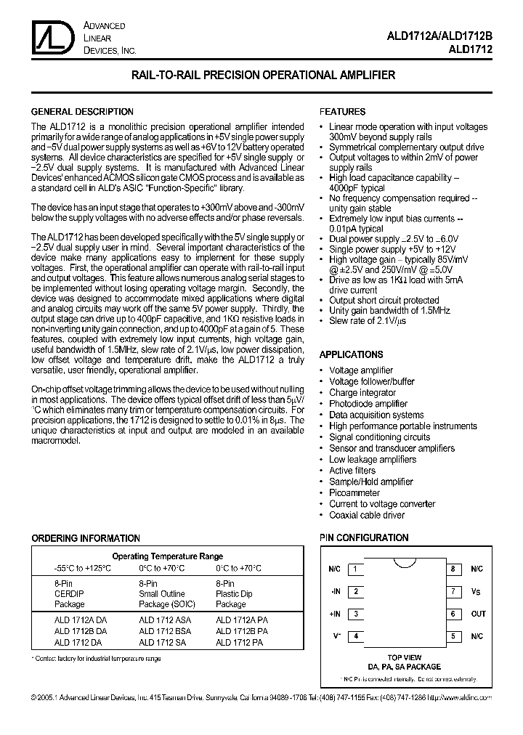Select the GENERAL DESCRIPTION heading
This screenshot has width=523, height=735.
(82, 112)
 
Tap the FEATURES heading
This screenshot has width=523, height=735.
(342, 112)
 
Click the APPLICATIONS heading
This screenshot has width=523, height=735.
(352, 354)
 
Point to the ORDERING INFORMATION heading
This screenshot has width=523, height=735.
(86, 538)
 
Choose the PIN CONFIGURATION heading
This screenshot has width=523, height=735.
(364, 537)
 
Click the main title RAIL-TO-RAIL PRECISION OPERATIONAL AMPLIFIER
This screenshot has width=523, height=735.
(263, 75)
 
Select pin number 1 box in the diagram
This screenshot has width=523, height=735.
(355, 569)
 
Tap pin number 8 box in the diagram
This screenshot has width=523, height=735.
(453, 569)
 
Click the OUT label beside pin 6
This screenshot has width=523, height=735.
(477, 614)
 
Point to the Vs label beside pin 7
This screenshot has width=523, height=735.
(477, 592)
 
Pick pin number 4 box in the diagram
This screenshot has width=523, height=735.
(355, 636)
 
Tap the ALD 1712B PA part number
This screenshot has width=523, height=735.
(241, 632)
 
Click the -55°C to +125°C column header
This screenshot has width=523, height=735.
(82, 569)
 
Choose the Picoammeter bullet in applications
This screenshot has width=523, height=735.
(354, 492)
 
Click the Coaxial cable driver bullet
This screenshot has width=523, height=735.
(367, 515)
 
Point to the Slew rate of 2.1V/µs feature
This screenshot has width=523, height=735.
(368, 320)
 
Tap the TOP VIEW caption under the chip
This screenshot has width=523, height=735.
(405, 657)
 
